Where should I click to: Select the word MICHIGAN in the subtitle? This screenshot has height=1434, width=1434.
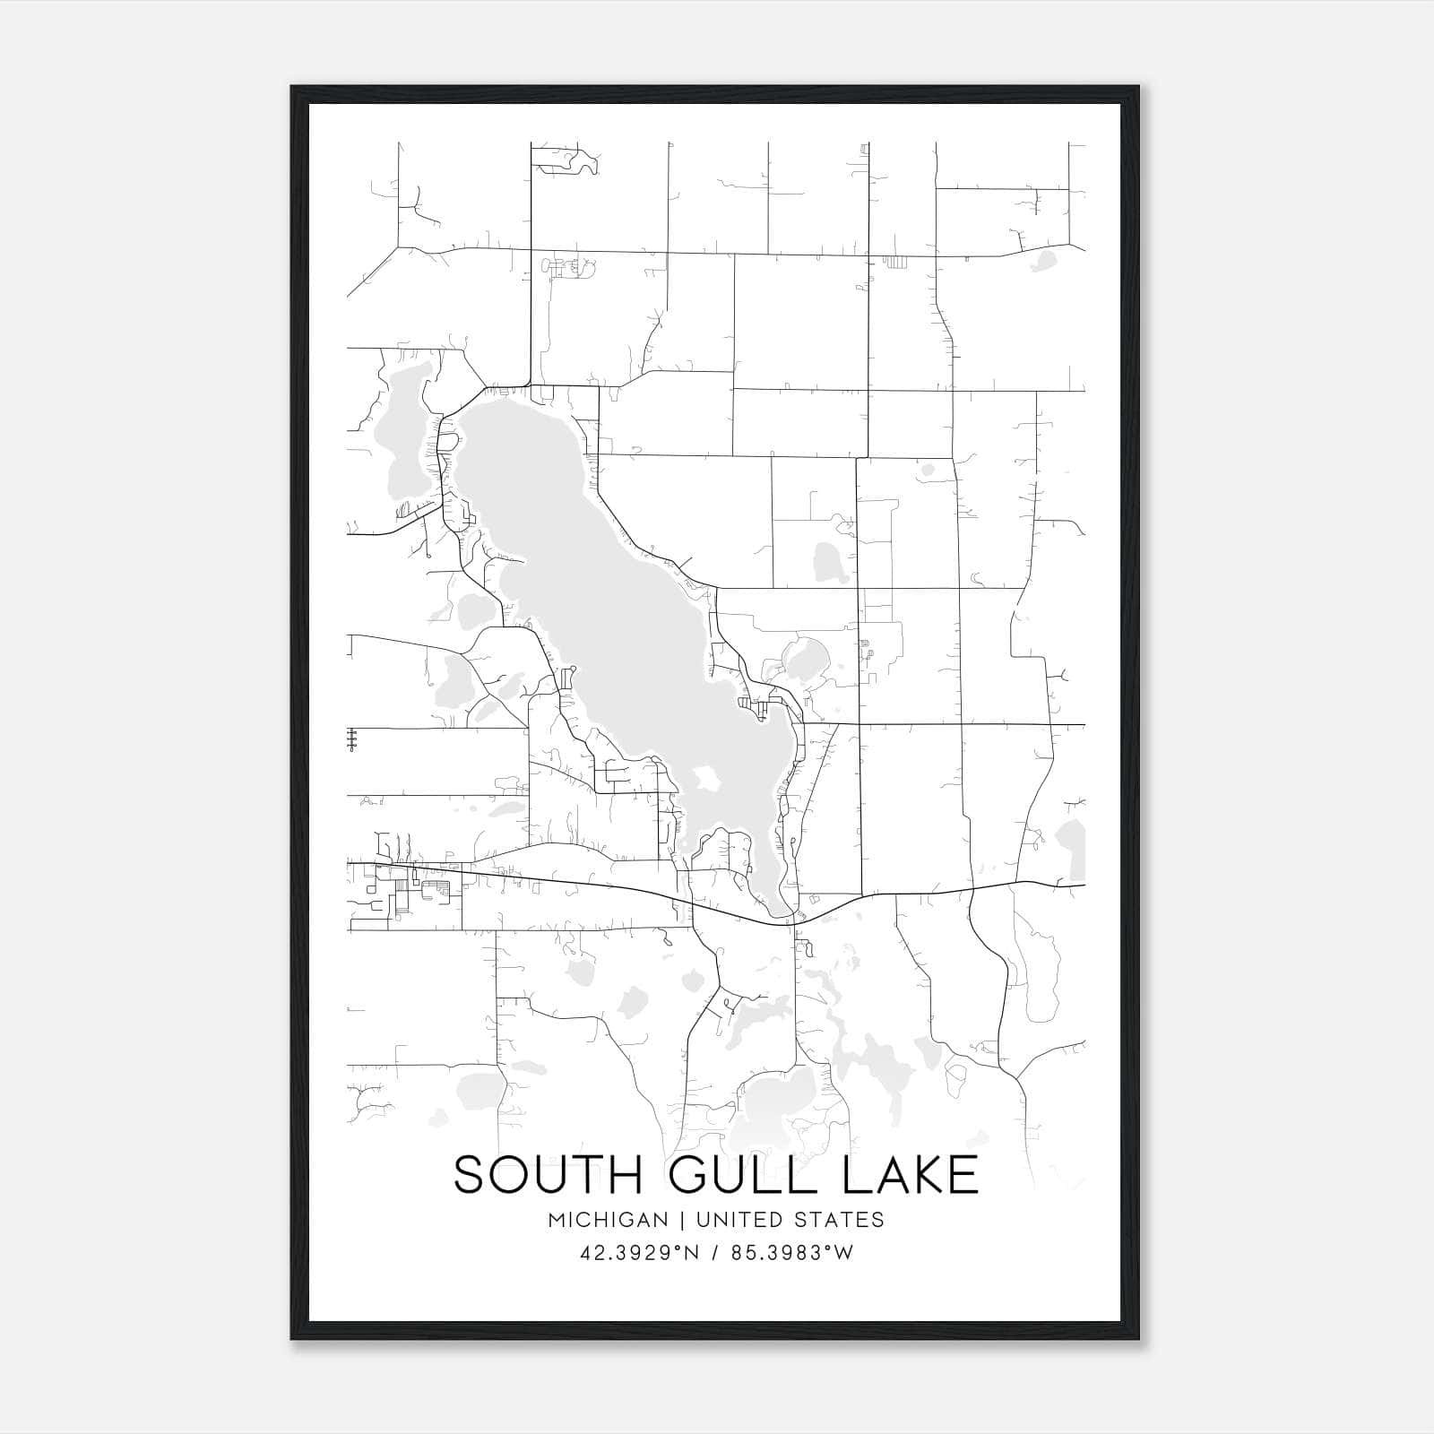pos(609,1220)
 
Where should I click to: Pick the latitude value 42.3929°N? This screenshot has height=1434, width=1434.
pos(639,1253)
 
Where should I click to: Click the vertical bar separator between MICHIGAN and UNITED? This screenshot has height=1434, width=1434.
pos(682,1220)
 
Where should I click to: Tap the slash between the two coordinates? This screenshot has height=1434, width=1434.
pos(714,1253)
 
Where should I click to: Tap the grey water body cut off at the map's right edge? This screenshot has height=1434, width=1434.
pos(1072,847)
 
